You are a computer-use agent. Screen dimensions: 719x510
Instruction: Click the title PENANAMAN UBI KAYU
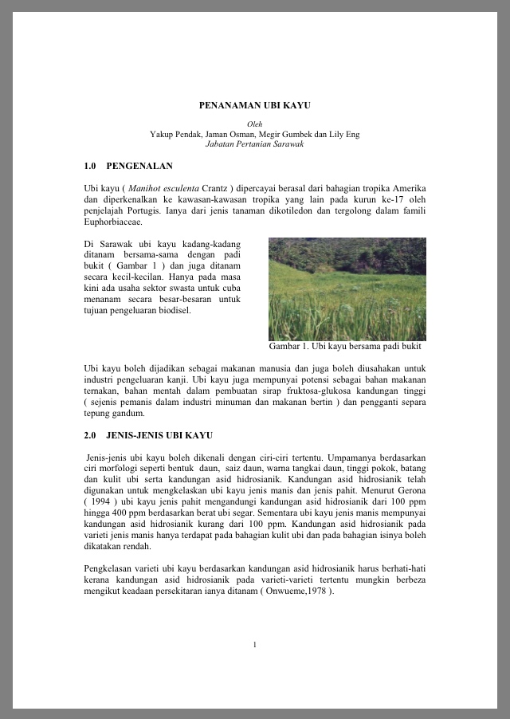254,105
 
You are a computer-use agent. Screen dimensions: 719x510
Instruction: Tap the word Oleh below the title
255,124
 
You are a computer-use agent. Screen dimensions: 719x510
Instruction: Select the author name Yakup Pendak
175,134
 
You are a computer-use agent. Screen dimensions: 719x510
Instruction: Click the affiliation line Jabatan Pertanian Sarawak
254,143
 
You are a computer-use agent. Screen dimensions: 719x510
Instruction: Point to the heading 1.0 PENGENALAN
127,166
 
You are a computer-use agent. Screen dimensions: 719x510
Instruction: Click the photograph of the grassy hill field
347,289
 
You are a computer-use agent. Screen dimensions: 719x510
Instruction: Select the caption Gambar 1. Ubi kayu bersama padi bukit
344,347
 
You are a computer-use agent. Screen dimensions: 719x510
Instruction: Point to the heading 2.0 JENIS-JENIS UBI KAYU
148,436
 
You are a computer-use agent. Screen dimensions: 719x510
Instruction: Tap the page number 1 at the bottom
254,644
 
